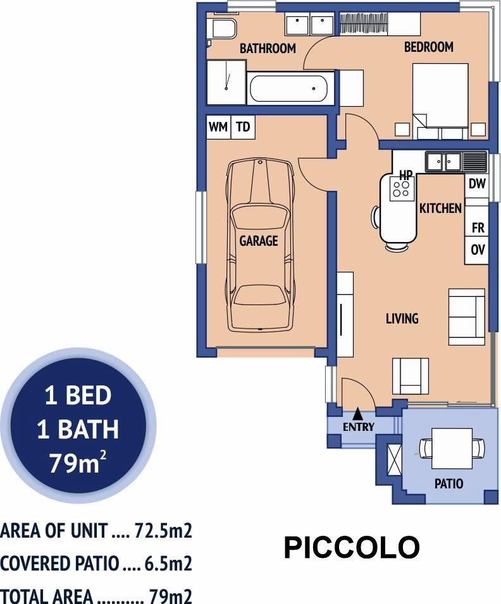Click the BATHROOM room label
[x=268, y=48]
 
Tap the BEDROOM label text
[x=428, y=47]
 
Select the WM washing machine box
[x=218, y=127]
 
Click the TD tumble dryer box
[x=243, y=127]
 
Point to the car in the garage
[x=261, y=245]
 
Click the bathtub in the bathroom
[x=289, y=88]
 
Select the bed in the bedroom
[x=440, y=101]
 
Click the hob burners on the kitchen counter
[x=401, y=189]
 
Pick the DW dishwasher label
[x=477, y=184]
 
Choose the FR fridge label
[x=478, y=228]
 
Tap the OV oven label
[x=478, y=250]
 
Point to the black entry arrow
[x=358, y=413]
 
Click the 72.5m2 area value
[x=163, y=531]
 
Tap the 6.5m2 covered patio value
[x=168, y=564]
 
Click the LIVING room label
[x=402, y=318]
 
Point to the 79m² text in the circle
[x=78, y=462]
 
